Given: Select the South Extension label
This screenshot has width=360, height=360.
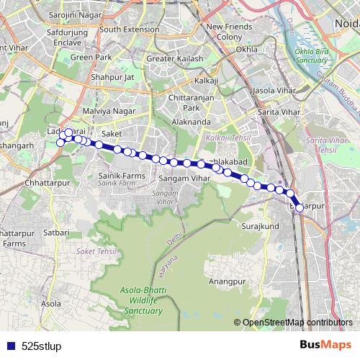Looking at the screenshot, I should coord(129,30).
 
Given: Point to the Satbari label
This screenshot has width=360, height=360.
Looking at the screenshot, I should coord(55,233).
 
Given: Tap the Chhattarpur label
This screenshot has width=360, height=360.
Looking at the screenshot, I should coord(45,183).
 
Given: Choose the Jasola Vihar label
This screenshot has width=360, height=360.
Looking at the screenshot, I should coord(272,92).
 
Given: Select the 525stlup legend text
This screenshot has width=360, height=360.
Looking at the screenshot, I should coord(42,346).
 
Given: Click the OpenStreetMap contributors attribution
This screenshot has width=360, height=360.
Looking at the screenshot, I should coord(297,323).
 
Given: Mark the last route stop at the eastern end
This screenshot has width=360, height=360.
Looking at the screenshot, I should coord(300,208).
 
